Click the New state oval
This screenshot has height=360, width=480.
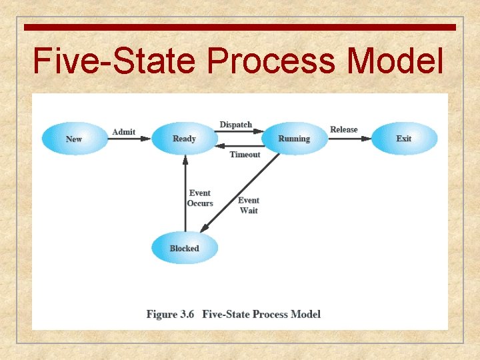pyautogui.click(x=74, y=139)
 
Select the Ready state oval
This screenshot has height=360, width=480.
pyautogui.click(x=184, y=139)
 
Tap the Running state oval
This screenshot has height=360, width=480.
pyautogui.click(x=294, y=139)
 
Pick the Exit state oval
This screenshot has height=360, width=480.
pyautogui.click(x=404, y=139)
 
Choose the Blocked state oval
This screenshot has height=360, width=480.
pyautogui.click(x=184, y=249)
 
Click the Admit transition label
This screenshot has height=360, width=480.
pyautogui.click(x=123, y=132)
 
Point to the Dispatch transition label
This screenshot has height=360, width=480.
pyautogui.click(x=236, y=125)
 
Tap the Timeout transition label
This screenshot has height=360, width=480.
pyautogui.click(x=245, y=155)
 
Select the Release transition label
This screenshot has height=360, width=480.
pyautogui.click(x=344, y=129)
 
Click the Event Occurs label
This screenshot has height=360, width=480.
pyautogui.click(x=200, y=198)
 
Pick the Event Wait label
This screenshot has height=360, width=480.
pyautogui.click(x=249, y=205)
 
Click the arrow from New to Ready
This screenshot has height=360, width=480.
pyautogui.click(x=129, y=139)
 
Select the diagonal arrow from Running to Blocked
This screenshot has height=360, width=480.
pyautogui.click(x=240, y=193)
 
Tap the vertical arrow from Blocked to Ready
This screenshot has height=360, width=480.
pyautogui.click(x=185, y=193)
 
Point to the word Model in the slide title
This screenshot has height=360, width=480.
pyautogui.click(x=395, y=61)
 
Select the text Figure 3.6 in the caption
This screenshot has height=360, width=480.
pyautogui.click(x=170, y=314)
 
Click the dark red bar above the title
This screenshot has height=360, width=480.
pyautogui.click(x=240, y=27)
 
